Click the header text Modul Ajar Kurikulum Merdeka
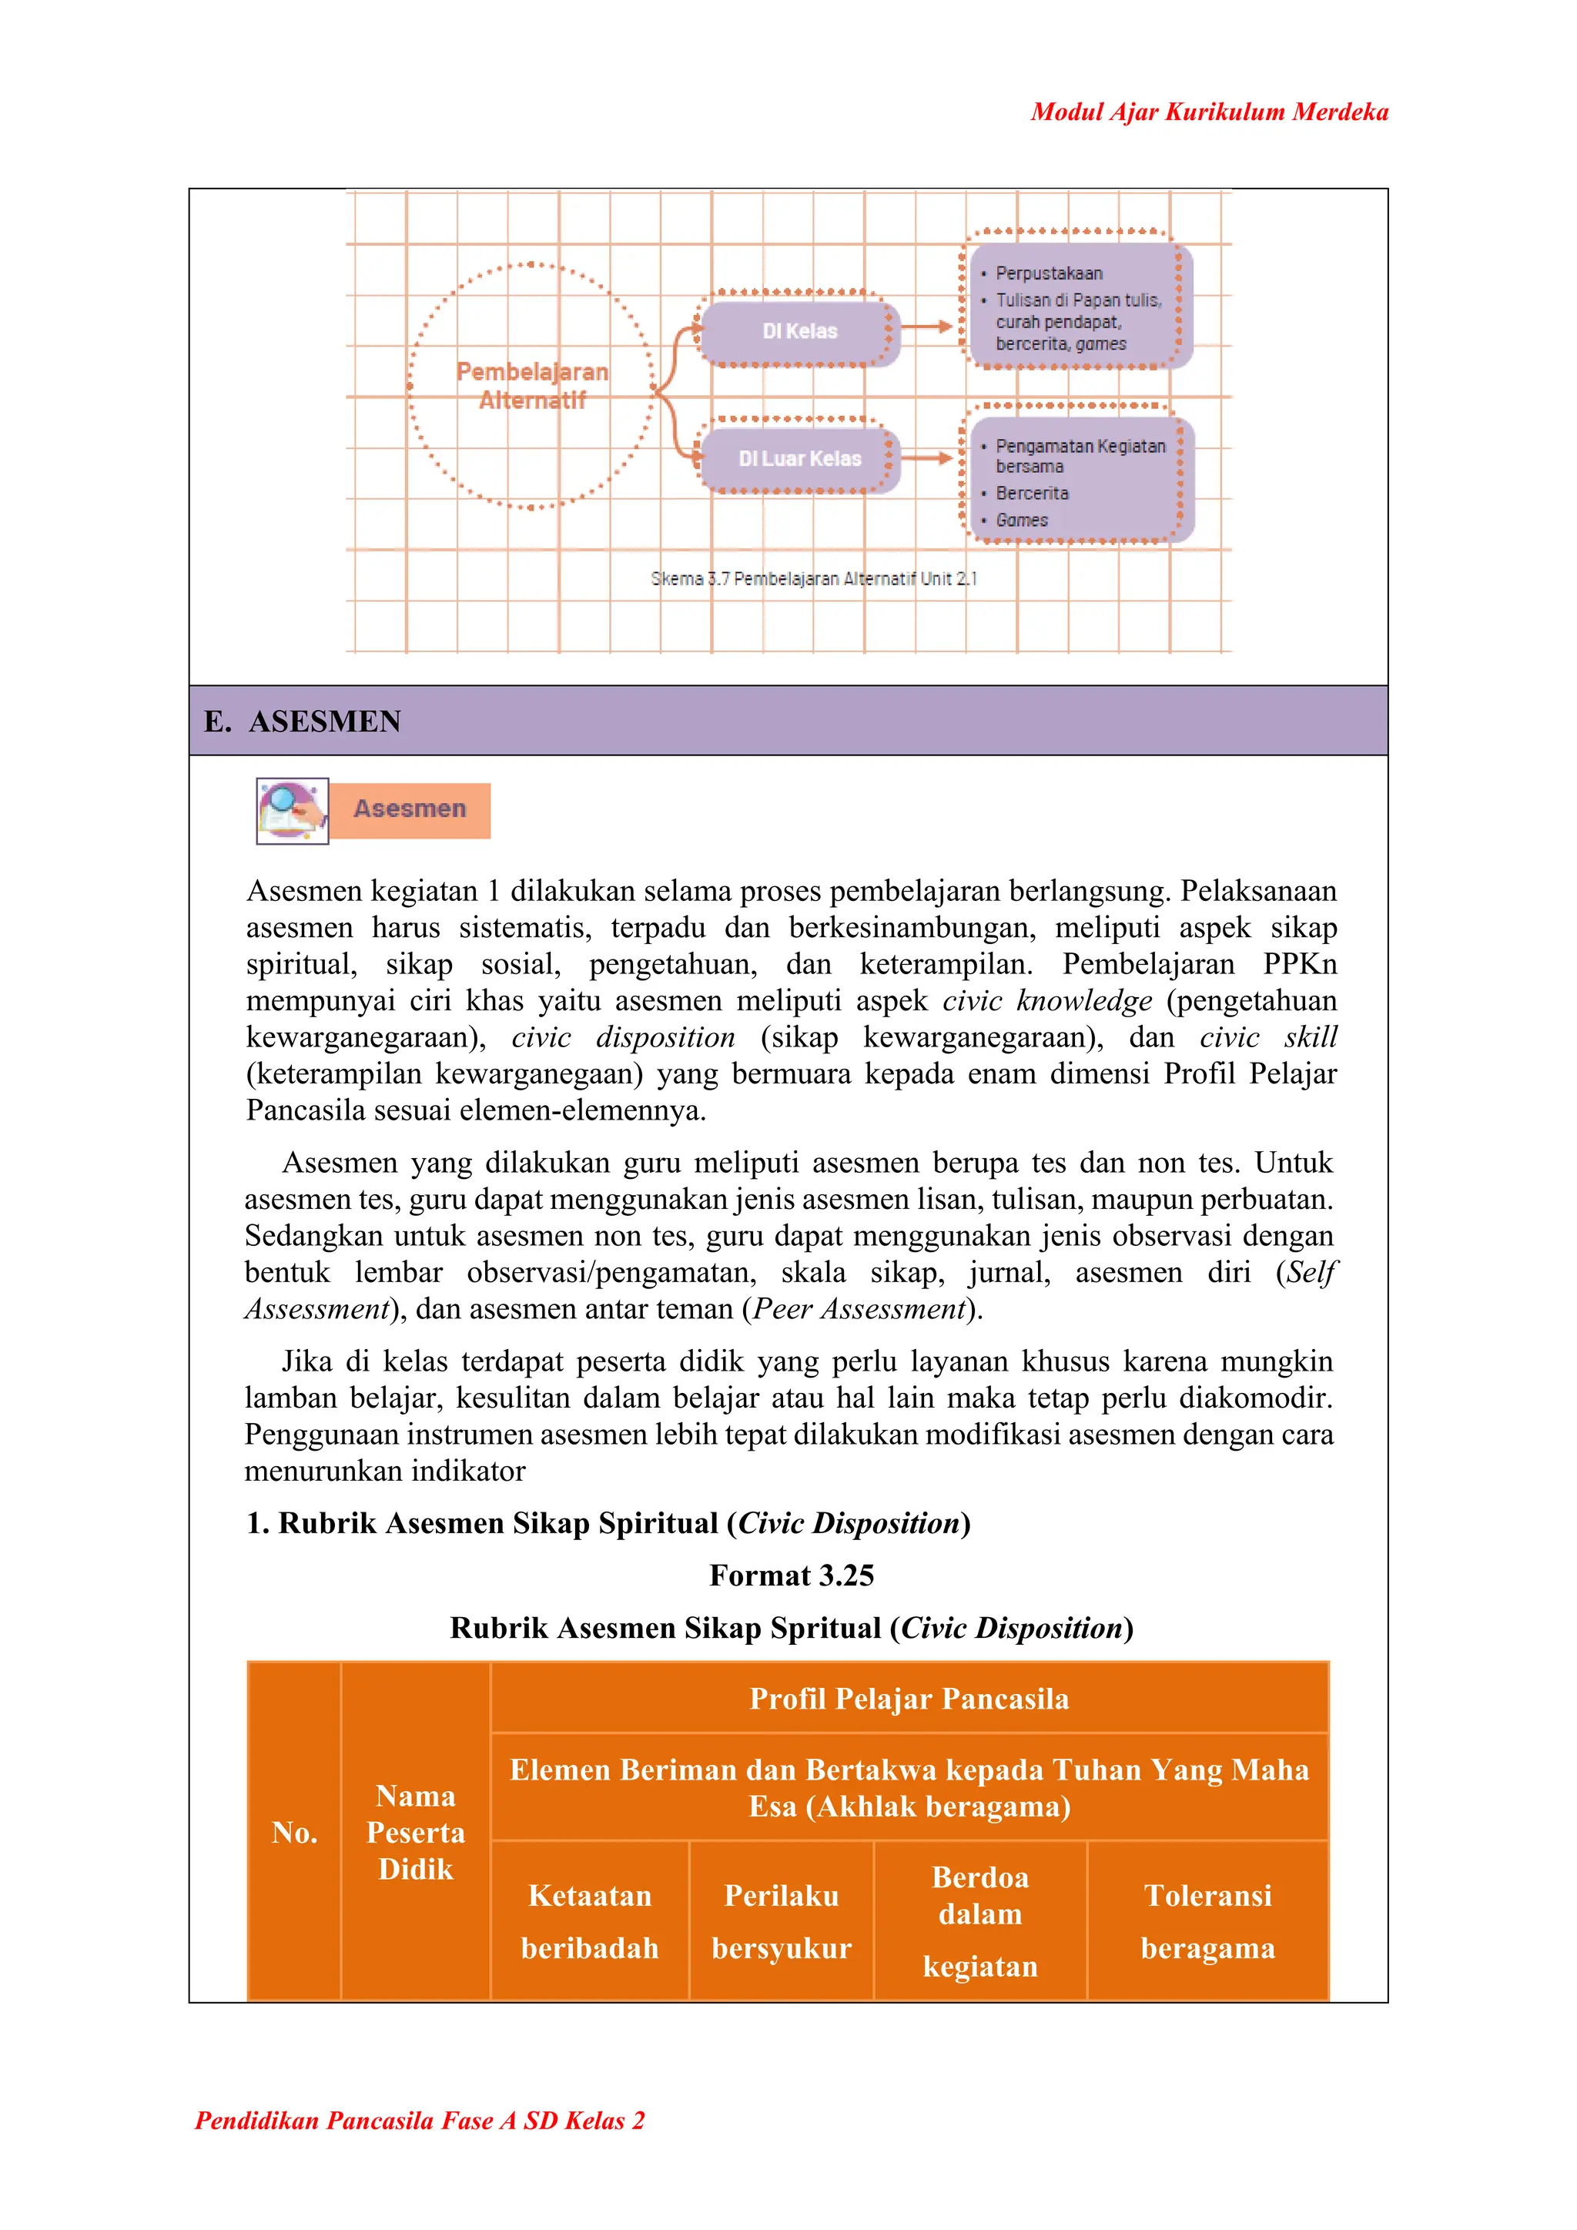[x=1209, y=112]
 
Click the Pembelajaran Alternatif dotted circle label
[x=532, y=386]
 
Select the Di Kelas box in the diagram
[x=799, y=331]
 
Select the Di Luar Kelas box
[x=799, y=458]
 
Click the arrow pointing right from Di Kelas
[x=930, y=328]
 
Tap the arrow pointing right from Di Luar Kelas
[x=930, y=457]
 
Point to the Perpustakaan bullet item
[x=1049, y=273]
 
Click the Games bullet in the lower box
[x=1022, y=521]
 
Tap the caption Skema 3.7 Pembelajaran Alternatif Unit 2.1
[x=814, y=579]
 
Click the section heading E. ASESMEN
[x=303, y=722]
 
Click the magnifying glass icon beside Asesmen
[x=291, y=810]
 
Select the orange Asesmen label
[x=410, y=809]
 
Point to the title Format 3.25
[x=792, y=1575]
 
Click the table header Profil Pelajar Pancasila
[x=909, y=1699]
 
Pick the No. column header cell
[x=294, y=1833]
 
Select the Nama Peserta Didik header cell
[x=416, y=1833]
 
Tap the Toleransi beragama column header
[x=1207, y=1922]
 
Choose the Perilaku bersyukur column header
[x=781, y=1922]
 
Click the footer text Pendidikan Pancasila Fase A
[x=420, y=2120]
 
